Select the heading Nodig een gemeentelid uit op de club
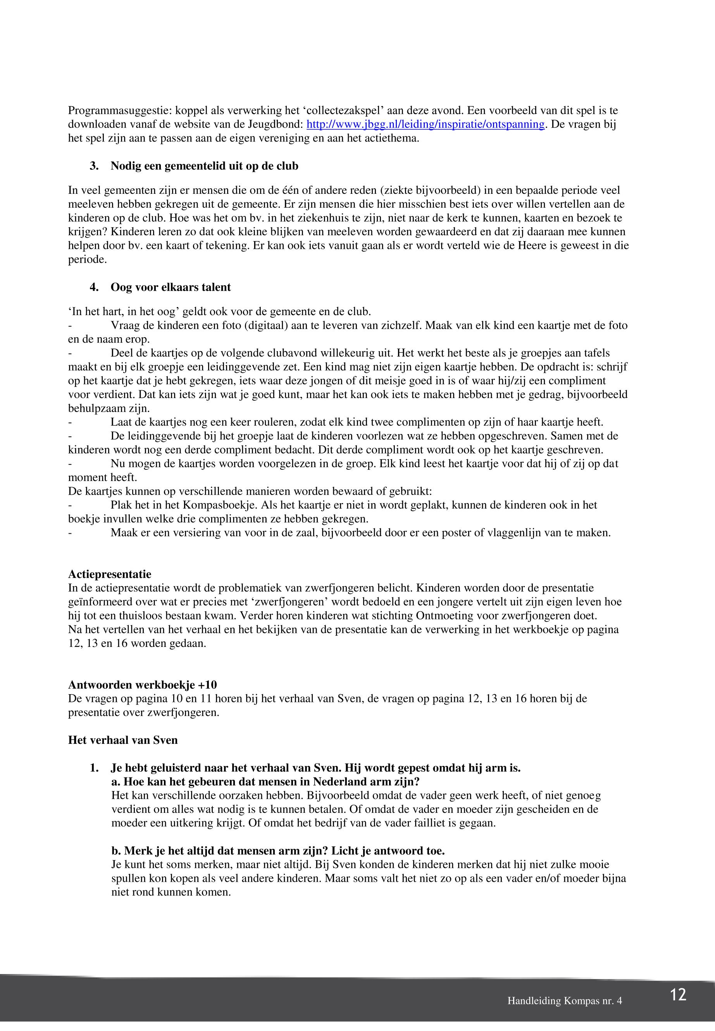click(x=204, y=166)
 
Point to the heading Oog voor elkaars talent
click(x=171, y=287)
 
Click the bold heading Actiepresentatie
click(x=110, y=574)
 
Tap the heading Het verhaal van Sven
click(x=123, y=740)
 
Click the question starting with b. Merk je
click(x=278, y=851)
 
